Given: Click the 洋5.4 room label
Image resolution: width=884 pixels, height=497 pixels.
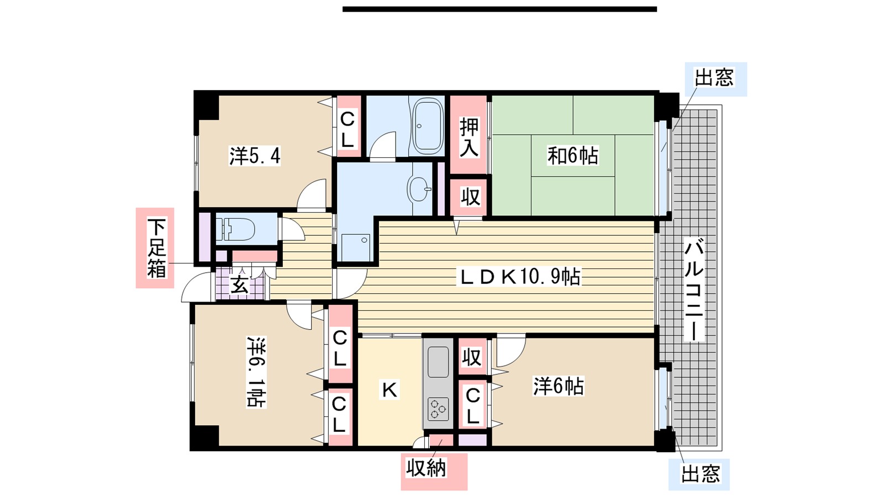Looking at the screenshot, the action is point(255,156).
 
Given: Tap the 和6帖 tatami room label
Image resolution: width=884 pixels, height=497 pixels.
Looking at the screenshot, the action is point(572,155).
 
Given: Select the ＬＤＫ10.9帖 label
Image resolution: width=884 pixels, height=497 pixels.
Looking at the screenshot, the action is point(519,277).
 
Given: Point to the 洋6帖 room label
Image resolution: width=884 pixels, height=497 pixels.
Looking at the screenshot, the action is point(559,386).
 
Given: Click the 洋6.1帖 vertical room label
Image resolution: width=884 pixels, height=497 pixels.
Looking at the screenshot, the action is point(256,372).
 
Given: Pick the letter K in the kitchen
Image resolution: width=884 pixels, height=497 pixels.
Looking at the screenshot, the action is point(390,390).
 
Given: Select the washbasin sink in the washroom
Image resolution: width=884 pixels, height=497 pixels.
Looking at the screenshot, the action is point(419,188).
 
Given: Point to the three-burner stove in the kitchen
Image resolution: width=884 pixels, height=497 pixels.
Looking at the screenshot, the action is point(438,409).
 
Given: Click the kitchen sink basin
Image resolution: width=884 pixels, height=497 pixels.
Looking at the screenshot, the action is point(438,362).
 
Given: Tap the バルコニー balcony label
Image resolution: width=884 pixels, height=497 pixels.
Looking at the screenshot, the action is point(694,289).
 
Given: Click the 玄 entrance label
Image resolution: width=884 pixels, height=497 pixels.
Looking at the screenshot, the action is point(239,284).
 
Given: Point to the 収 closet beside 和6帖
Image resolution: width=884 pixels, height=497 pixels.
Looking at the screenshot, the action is point(470,197).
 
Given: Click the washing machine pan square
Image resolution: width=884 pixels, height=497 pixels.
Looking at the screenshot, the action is point(356,248).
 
